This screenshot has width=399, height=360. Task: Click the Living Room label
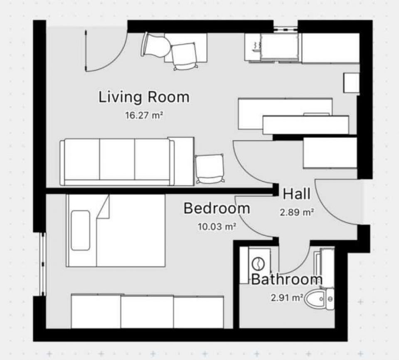144,98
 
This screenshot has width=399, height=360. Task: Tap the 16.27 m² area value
144,115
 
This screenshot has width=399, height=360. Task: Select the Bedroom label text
217,208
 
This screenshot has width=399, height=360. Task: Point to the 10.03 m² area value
217,226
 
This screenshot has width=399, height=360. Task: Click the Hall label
297,194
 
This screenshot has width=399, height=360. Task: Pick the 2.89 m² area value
297,212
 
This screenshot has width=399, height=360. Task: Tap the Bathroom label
287,279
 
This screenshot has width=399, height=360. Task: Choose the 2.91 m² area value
287,297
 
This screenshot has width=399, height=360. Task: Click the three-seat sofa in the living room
117,162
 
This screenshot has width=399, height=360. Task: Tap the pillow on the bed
80,230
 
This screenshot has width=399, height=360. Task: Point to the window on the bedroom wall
43,264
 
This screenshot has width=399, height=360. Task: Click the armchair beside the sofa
209,168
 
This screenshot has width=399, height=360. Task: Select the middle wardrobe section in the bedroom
147,312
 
